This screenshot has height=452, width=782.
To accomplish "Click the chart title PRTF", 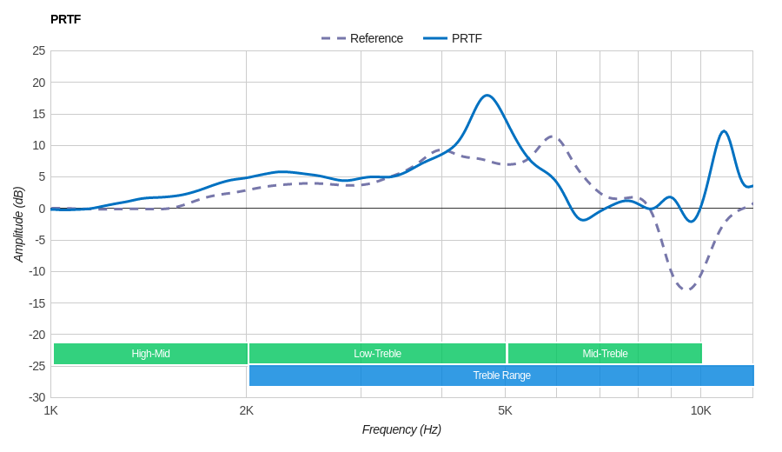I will [x=65, y=19].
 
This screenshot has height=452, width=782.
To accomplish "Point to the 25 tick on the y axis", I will [x=39, y=50].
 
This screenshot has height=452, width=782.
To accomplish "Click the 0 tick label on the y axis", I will [x=42, y=209].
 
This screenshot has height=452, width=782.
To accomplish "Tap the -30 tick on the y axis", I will [x=37, y=397].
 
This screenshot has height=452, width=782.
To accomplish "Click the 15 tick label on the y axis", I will [x=39, y=114].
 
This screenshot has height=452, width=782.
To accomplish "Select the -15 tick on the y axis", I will [x=37, y=302].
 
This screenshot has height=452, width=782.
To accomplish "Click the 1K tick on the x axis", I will [x=51, y=410].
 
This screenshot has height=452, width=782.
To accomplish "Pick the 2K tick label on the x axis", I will [x=247, y=410].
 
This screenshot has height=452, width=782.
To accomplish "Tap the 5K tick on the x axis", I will [x=505, y=410].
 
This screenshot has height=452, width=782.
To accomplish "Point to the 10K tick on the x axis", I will [x=700, y=410].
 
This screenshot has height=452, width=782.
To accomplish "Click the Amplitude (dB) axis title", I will [x=18, y=224].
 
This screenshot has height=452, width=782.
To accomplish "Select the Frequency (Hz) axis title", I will [x=401, y=429].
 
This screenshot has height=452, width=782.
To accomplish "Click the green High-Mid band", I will [x=150, y=354].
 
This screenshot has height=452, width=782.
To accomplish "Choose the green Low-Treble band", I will [x=377, y=354].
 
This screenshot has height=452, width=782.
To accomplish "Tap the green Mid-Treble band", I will [x=605, y=354].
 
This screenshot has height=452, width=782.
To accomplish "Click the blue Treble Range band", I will [x=501, y=376].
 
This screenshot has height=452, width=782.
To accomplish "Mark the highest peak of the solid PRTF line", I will [x=487, y=96].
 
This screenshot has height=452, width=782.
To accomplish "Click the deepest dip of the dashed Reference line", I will [x=686, y=289].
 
